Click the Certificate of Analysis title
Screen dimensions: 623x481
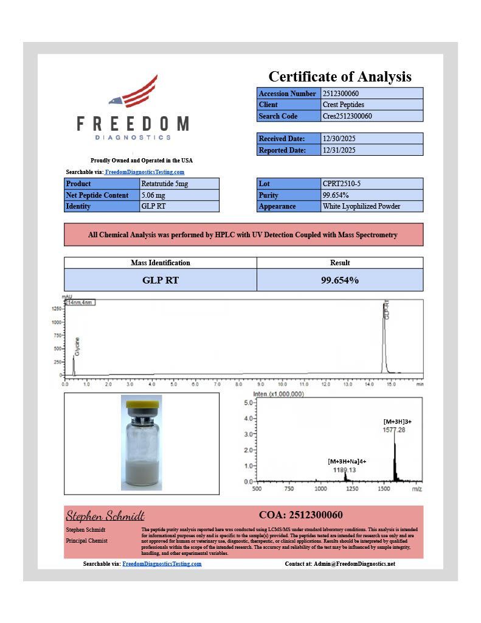340,77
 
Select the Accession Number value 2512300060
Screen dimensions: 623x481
344,94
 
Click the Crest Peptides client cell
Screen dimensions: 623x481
339,105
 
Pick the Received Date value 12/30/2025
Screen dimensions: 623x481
339,139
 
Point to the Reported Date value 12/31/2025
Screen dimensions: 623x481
339,150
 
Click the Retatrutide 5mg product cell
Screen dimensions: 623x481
161,184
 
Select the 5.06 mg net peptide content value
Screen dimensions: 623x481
153,195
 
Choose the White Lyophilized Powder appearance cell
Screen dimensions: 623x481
361,206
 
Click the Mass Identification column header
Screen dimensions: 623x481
161,263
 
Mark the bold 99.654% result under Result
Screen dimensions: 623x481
340,280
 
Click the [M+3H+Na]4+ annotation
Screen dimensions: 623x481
347,462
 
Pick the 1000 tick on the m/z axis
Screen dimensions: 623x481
320,489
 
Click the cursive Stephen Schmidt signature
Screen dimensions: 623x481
105,516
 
